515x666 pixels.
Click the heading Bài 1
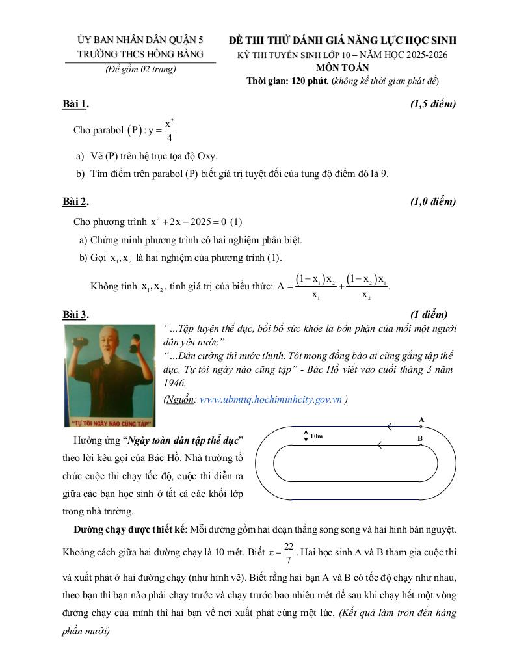(x=75, y=104)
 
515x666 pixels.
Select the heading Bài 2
(x=75, y=202)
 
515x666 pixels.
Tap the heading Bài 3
(x=75, y=315)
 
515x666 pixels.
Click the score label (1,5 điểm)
(x=433, y=104)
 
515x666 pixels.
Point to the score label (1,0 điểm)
(x=433, y=202)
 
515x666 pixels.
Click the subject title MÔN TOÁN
(x=343, y=67)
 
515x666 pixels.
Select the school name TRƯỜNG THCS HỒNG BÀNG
(x=140, y=54)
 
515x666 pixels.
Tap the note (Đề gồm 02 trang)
(x=140, y=70)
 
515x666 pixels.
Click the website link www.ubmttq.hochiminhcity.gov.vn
(x=271, y=400)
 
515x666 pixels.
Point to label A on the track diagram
(x=421, y=420)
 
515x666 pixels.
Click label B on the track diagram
(x=420, y=439)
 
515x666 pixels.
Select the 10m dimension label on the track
(x=317, y=436)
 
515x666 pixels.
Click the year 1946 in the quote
(x=175, y=382)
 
